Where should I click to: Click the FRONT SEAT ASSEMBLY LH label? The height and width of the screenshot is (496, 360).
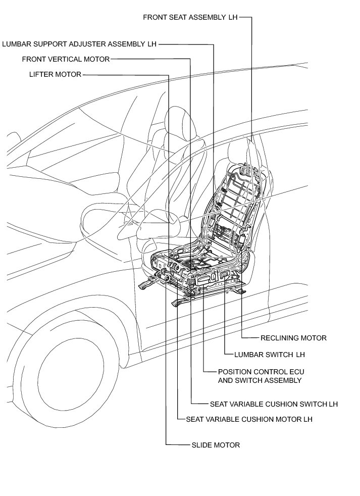coord(190,17)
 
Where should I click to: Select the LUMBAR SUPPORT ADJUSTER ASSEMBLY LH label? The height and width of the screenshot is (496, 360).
coord(79,44)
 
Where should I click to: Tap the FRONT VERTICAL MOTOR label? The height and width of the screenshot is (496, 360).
coord(66,59)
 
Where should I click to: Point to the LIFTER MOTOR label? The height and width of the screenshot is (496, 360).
coord(55,75)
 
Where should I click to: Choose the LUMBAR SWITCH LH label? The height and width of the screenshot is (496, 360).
coord(270,355)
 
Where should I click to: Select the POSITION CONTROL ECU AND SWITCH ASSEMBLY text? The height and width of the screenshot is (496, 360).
coord(260,376)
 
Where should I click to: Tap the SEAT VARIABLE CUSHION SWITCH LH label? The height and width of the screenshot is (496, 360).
coord(274,404)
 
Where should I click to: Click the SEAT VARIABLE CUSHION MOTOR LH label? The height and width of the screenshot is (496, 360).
coord(249,419)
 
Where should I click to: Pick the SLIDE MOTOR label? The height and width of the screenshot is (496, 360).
coord(216,445)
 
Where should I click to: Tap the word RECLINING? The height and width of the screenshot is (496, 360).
coord(278,338)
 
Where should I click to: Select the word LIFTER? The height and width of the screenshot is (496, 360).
coord(42,75)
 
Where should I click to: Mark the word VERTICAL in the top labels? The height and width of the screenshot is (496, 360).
coord(65,59)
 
